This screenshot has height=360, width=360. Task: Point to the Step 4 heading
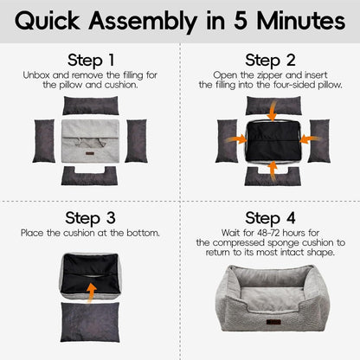click(270, 217)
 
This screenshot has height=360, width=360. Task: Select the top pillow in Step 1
click(91, 106)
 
